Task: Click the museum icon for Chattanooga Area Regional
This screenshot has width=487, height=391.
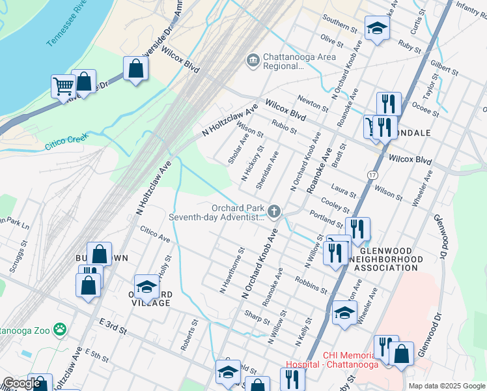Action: click(252, 61)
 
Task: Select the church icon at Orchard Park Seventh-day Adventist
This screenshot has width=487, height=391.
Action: click(275, 211)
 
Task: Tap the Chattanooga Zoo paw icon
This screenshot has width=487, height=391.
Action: click(60, 330)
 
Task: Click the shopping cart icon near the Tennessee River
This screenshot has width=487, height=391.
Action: click(63, 85)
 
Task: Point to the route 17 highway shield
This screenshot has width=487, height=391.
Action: click(371, 175)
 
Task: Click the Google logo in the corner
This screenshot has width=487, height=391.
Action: click(21, 384)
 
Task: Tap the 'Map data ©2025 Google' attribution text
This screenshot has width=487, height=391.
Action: click(446, 386)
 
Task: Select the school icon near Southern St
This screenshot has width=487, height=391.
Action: click(376, 28)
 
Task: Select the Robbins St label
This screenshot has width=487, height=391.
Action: click(310, 284)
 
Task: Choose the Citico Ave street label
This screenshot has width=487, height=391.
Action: click(155, 235)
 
